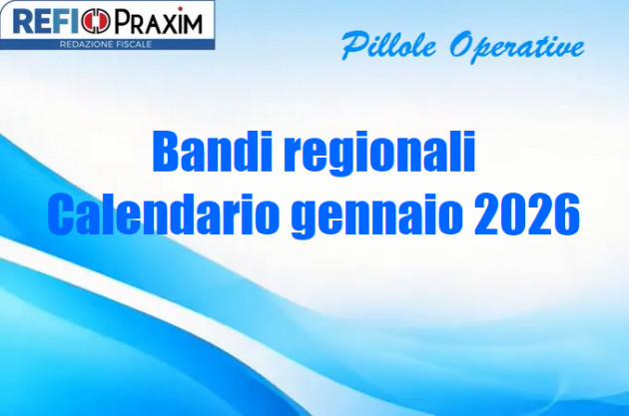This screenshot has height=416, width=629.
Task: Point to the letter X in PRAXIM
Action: click(169, 21)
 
